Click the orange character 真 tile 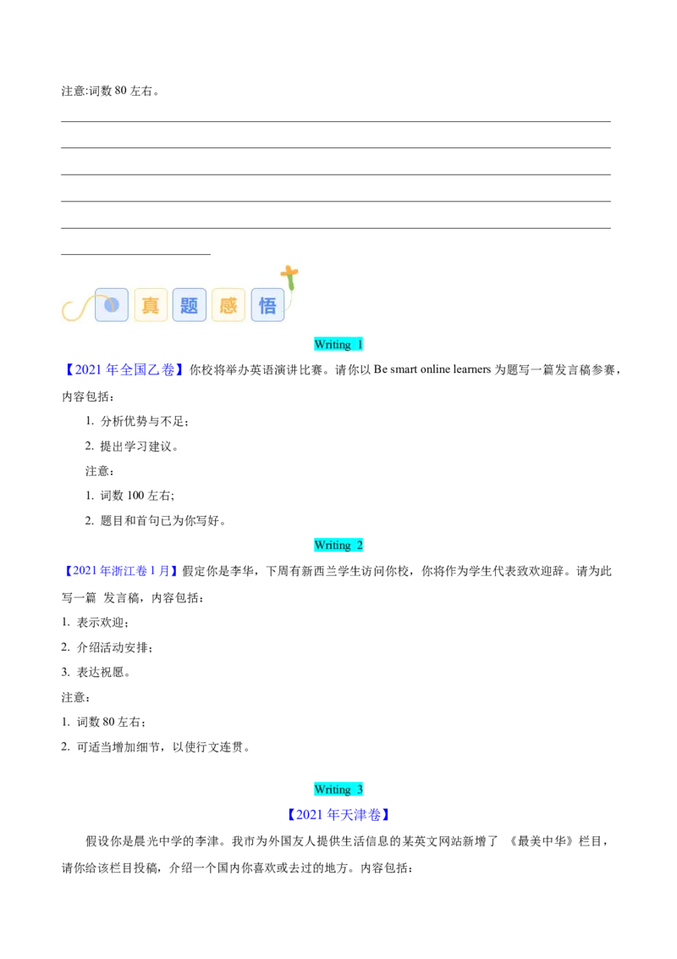pos(151,305)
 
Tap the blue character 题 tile pos(190,305)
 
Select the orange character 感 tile pos(228,305)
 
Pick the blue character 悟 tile pos(267,305)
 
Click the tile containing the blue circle pos(112,305)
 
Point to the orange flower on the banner pos(289,274)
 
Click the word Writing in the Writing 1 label pos(333,345)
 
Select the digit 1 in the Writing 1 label pos(360,345)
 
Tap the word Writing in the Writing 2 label pos(333,546)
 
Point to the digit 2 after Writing pos(360,546)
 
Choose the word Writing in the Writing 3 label pos(333,790)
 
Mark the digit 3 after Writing pos(360,790)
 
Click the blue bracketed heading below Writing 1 pos(122,369)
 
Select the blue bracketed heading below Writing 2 pos(122,572)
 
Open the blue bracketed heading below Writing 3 pos(338,816)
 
